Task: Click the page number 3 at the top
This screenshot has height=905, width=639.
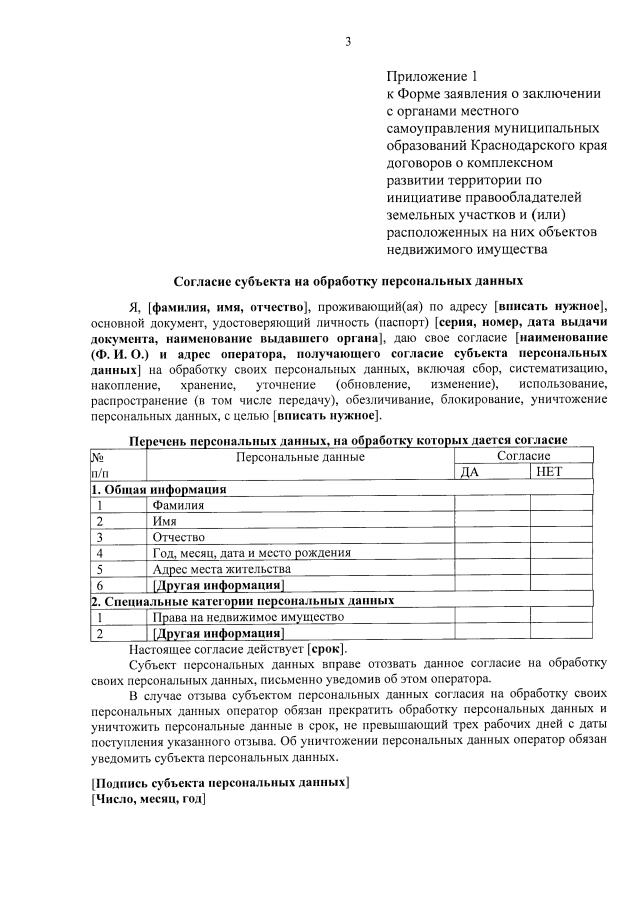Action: pyautogui.click(x=348, y=42)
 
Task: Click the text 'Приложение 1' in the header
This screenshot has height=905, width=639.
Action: pyautogui.click(x=433, y=76)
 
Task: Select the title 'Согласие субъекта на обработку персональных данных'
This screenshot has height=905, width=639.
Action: pyautogui.click(x=348, y=282)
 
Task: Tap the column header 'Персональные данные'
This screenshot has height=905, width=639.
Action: pyautogui.click(x=300, y=457)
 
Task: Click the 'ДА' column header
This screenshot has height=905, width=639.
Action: pyautogui.click(x=470, y=473)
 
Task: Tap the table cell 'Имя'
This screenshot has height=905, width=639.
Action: pyautogui.click(x=164, y=521)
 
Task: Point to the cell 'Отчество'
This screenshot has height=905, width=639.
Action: pyautogui.click(x=178, y=537)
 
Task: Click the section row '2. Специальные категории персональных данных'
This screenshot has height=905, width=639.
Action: pyautogui.click(x=242, y=601)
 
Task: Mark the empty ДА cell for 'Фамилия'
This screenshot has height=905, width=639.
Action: pyautogui.click(x=492, y=506)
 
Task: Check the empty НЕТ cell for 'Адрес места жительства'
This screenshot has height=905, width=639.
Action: pyautogui.click(x=561, y=569)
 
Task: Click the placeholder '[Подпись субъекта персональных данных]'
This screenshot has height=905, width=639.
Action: pyautogui.click(x=220, y=782)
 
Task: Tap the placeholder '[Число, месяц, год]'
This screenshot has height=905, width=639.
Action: pyautogui.click(x=148, y=799)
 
